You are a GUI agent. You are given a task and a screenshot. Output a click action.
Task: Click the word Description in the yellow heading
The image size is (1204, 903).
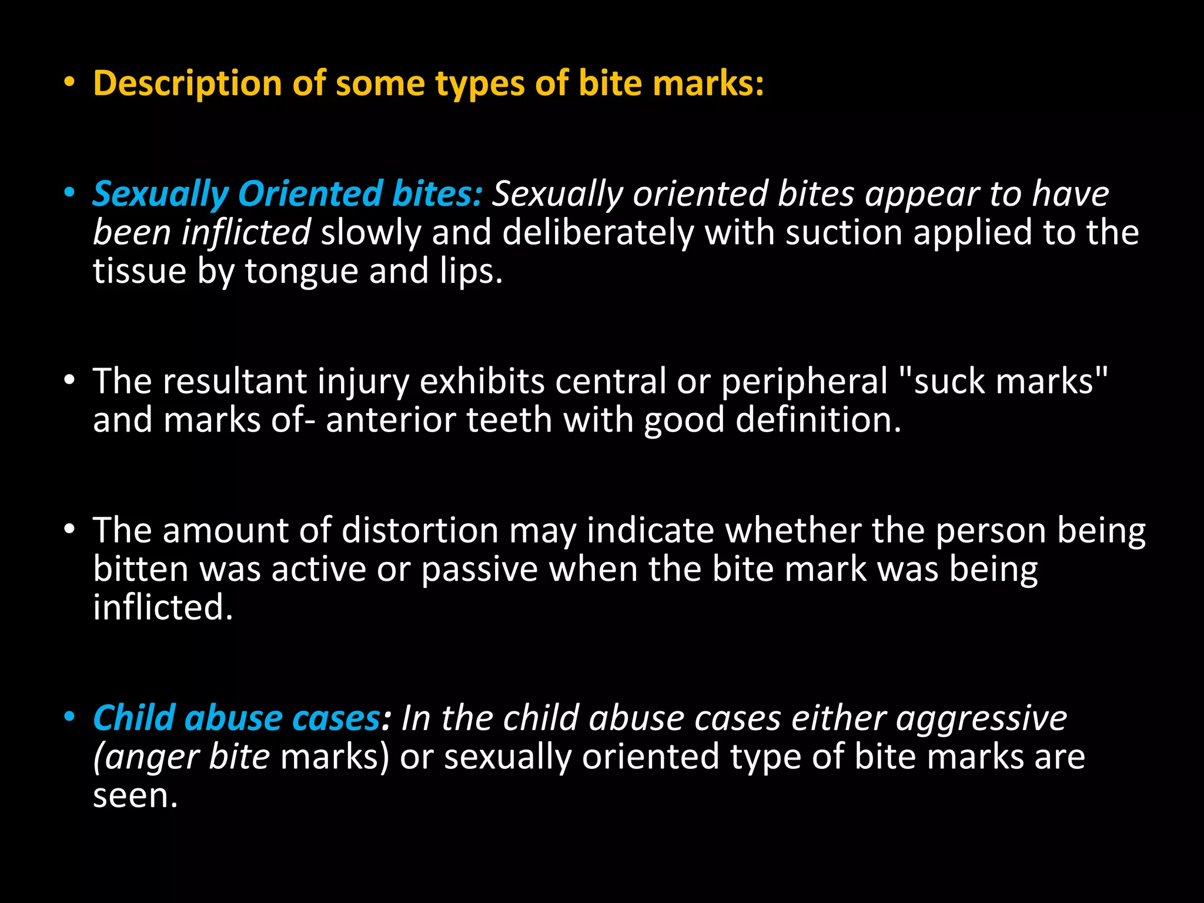tap(188, 83)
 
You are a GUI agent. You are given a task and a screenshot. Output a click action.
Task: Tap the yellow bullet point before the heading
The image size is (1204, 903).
tap(70, 83)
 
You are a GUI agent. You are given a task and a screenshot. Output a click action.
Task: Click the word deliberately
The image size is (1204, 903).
tap(597, 232)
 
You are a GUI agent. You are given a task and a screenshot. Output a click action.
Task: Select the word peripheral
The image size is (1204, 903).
tap(804, 382)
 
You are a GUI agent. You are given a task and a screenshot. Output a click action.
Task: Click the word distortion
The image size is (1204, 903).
tap(420, 530)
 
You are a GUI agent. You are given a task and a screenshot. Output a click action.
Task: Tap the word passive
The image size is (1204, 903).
tap(479, 570)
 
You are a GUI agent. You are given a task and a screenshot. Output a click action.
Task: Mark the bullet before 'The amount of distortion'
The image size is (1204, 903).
tap(70, 530)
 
